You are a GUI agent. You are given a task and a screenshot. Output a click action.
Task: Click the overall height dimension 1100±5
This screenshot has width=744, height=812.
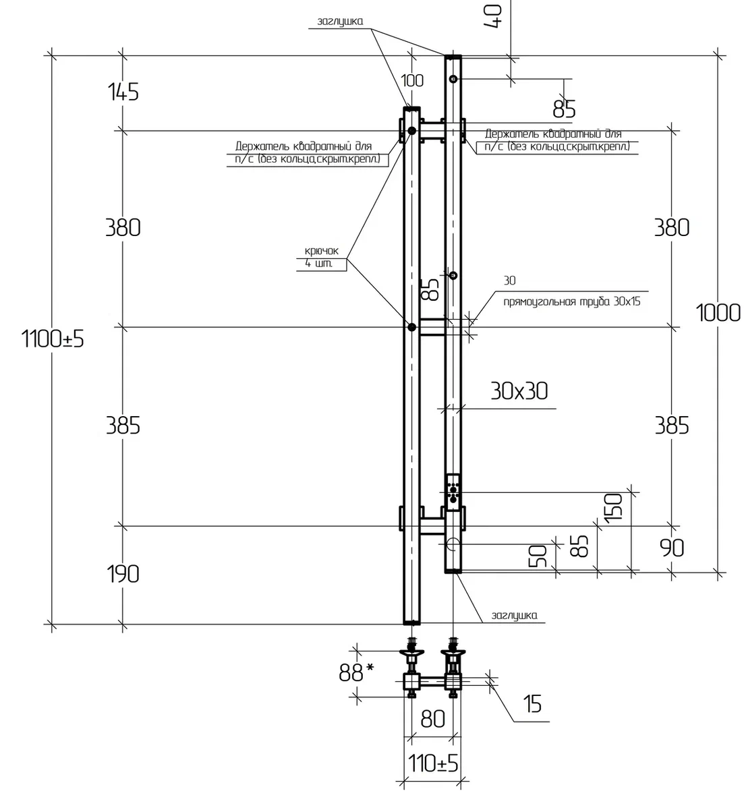pos(53,339)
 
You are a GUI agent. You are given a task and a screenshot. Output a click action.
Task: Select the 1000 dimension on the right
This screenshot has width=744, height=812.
pos(718,312)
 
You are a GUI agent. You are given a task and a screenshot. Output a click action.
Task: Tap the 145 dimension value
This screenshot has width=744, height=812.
pos(123,92)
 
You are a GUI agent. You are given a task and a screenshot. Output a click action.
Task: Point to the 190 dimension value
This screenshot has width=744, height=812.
pos(123,573)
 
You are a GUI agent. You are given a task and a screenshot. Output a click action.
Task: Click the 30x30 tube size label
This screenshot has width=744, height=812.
pos(519,390)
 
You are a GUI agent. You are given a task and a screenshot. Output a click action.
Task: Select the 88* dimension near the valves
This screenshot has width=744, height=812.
pos(356,673)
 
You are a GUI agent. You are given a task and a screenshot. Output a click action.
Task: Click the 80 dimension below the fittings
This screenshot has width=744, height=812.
pos(432,718)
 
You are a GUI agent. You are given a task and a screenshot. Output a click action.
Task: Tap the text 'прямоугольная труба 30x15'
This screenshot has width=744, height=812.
pos(572,301)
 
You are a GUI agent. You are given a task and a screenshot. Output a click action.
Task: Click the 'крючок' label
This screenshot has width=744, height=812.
pos(321,251)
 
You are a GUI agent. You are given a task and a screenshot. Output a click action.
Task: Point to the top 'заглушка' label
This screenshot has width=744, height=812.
pos(340,22)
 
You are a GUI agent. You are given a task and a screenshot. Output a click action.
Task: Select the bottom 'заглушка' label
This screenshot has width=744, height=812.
pos(515,615)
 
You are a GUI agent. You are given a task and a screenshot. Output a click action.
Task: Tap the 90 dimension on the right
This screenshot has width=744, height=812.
pos(672,548)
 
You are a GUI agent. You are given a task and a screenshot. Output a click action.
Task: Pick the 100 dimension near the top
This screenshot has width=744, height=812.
pos(412,81)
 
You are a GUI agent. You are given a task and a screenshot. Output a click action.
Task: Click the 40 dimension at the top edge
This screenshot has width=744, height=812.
pos(493,16)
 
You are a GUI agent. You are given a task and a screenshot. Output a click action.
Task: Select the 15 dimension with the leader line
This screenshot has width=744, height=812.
pos(533,703)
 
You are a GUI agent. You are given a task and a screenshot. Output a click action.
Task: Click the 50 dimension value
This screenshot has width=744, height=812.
pos(538,556)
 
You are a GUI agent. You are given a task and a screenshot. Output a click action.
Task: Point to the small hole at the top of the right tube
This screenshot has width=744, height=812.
pos(453,79)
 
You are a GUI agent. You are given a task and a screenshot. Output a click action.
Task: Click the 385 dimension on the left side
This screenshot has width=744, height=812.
pos(123,426)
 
